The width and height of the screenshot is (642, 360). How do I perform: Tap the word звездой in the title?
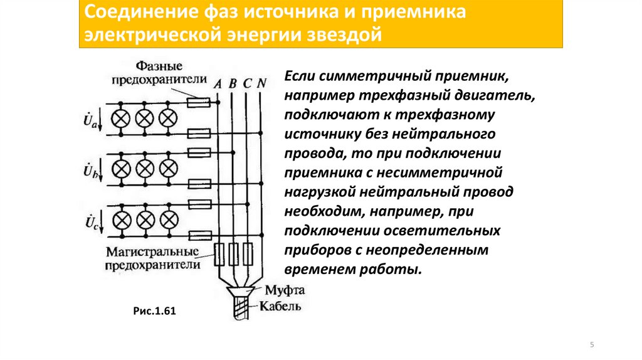344,35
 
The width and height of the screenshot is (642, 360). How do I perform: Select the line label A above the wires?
218,83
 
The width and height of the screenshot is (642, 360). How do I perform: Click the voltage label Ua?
91,119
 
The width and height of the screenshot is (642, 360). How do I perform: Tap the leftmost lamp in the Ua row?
121,118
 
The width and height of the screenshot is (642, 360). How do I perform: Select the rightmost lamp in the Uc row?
169,220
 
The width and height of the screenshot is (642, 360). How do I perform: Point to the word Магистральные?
150,252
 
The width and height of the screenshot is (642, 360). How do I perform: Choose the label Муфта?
284,290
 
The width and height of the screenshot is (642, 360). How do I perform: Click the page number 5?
592,345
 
